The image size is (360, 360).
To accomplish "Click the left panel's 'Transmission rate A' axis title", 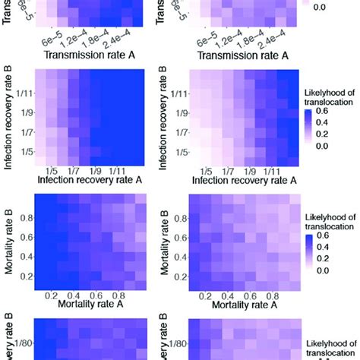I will pos(90,55).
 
